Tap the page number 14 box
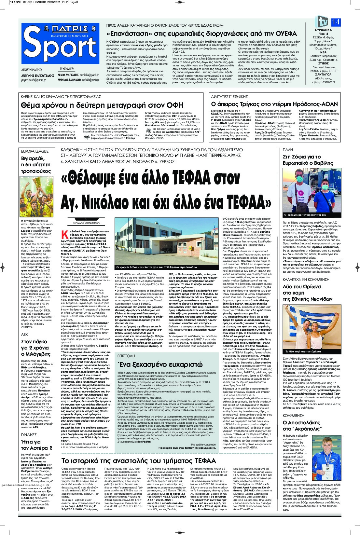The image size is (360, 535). tap(336, 22)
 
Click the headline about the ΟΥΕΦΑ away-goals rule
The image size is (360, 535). tap(202, 34)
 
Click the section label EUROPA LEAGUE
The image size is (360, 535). tap(35, 151)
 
